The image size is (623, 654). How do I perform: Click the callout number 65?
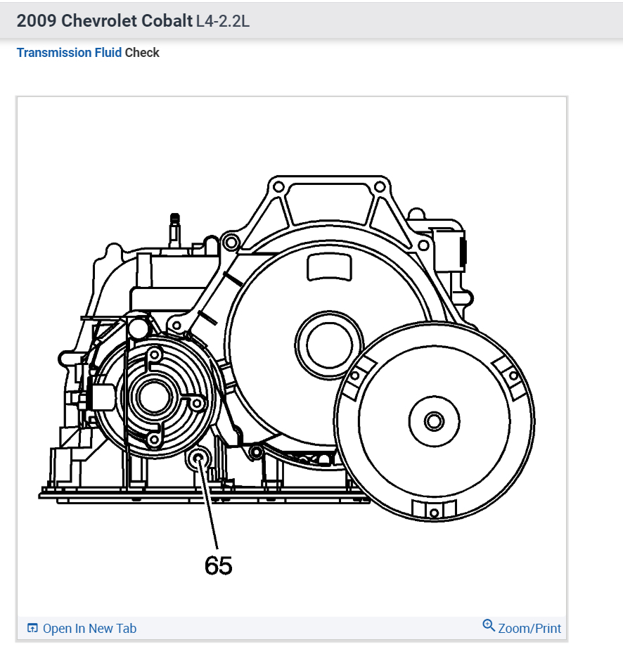tap(218, 565)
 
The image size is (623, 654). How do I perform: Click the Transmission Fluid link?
tap(69, 53)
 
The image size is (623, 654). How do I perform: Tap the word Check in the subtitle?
tap(142, 53)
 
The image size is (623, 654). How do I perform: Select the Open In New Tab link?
tap(89, 628)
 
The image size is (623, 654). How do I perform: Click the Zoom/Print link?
tap(529, 628)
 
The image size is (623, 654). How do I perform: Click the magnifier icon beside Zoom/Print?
tap(489, 625)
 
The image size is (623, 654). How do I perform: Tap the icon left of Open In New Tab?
tap(32, 628)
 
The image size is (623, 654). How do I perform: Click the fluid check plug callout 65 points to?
tap(198, 460)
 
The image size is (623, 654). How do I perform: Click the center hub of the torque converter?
tap(434, 421)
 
